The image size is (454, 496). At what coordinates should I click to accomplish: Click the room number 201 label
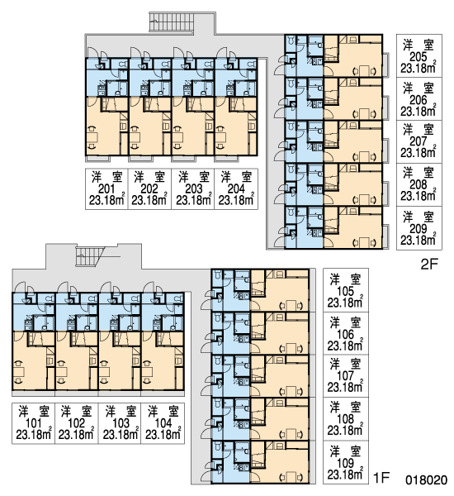click(106, 189)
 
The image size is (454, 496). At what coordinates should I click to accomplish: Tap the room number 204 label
click(236, 189)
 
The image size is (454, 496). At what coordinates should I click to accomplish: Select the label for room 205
click(418, 57)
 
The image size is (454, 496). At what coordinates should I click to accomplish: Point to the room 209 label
click(418, 229)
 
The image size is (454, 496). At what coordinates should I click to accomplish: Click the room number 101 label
click(34, 423)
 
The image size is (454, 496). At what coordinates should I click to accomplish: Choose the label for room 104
click(163, 423)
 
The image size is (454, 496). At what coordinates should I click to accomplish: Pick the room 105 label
click(345, 291)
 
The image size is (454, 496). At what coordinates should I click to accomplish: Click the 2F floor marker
click(429, 265)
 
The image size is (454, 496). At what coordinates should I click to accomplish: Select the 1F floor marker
click(381, 477)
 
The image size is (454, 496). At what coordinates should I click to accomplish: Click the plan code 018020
click(426, 479)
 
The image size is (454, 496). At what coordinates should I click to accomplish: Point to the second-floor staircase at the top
click(171, 21)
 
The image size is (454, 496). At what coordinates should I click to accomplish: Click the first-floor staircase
click(90, 256)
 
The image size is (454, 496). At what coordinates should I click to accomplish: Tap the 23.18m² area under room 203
click(194, 200)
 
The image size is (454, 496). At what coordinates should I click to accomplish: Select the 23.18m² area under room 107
click(345, 387)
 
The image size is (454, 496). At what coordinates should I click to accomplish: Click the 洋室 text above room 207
click(418, 130)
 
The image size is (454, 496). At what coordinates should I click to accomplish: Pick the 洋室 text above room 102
click(76, 412)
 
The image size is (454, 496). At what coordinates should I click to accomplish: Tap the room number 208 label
click(418, 184)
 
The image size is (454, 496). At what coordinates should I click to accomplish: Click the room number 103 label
click(121, 423)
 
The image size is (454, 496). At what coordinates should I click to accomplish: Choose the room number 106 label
click(345, 334)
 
